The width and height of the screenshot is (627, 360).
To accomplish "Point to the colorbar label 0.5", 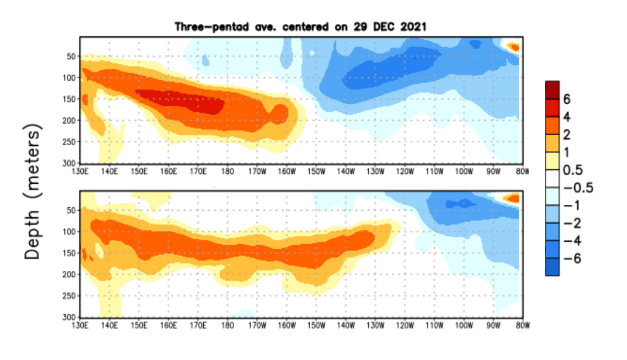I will coord(573,170).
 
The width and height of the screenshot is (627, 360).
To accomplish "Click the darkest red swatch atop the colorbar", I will coord(552,90).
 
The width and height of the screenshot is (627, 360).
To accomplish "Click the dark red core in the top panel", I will coord(181,100).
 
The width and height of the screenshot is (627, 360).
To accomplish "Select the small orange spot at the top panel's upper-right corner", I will coord(513,47).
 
